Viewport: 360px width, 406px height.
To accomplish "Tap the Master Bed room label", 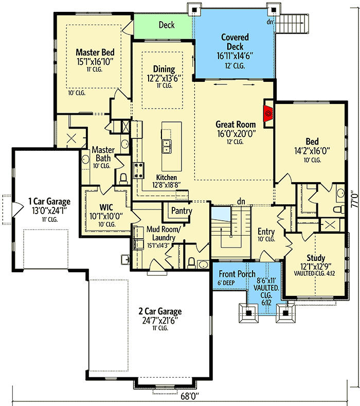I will [95, 52].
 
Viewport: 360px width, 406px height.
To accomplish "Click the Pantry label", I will [182, 211].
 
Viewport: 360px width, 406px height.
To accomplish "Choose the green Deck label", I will [167, 25].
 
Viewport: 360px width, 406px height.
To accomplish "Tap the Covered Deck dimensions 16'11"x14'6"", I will [235, 56].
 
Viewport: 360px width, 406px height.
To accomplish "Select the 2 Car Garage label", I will [160, 311].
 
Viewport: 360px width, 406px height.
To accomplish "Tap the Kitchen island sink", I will [167, 147].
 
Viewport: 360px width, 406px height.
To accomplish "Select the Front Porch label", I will [237, 274].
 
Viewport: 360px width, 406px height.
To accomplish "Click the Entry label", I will [266, 232].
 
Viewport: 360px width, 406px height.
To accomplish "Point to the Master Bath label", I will [103, 154].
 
